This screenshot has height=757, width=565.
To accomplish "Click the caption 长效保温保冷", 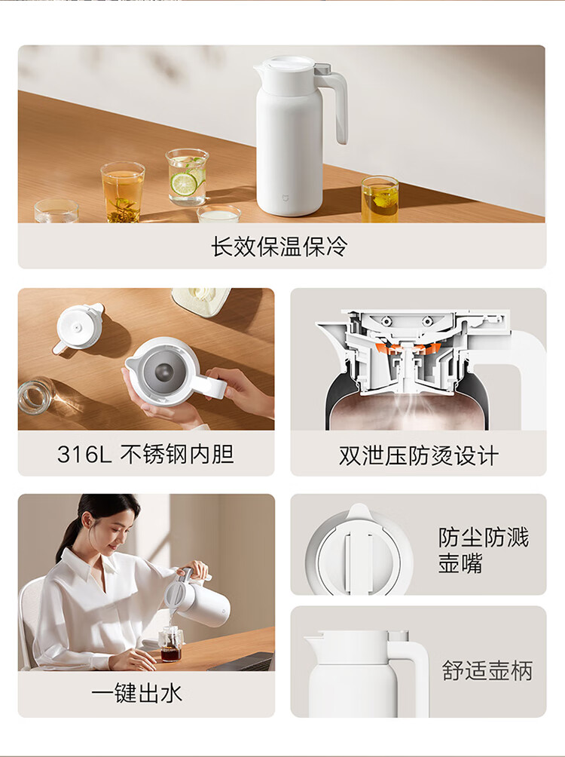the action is point(279,247).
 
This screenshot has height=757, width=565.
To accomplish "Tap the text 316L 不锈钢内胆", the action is point(145,454).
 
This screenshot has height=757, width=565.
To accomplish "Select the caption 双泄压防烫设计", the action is point(418,455).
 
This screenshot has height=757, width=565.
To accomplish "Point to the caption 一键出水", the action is point(137,694).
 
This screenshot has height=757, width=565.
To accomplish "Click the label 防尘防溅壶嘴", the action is point(484,550).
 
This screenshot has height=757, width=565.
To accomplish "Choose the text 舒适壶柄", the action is point(487,671).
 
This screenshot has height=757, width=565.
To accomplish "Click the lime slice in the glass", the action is point(184,185).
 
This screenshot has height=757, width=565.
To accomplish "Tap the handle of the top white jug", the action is point(334,106).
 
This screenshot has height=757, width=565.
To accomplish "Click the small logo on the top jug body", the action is point(285,197).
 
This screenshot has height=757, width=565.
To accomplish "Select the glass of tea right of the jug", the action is point(380,199).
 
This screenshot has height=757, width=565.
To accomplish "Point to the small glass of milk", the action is point(219,213).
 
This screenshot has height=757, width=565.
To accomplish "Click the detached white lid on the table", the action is point(80,326).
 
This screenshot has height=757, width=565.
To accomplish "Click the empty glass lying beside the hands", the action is point(37,396).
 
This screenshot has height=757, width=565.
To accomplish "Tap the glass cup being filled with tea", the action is point(171,644).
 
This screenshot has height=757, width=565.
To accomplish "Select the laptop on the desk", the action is point(241,661).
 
